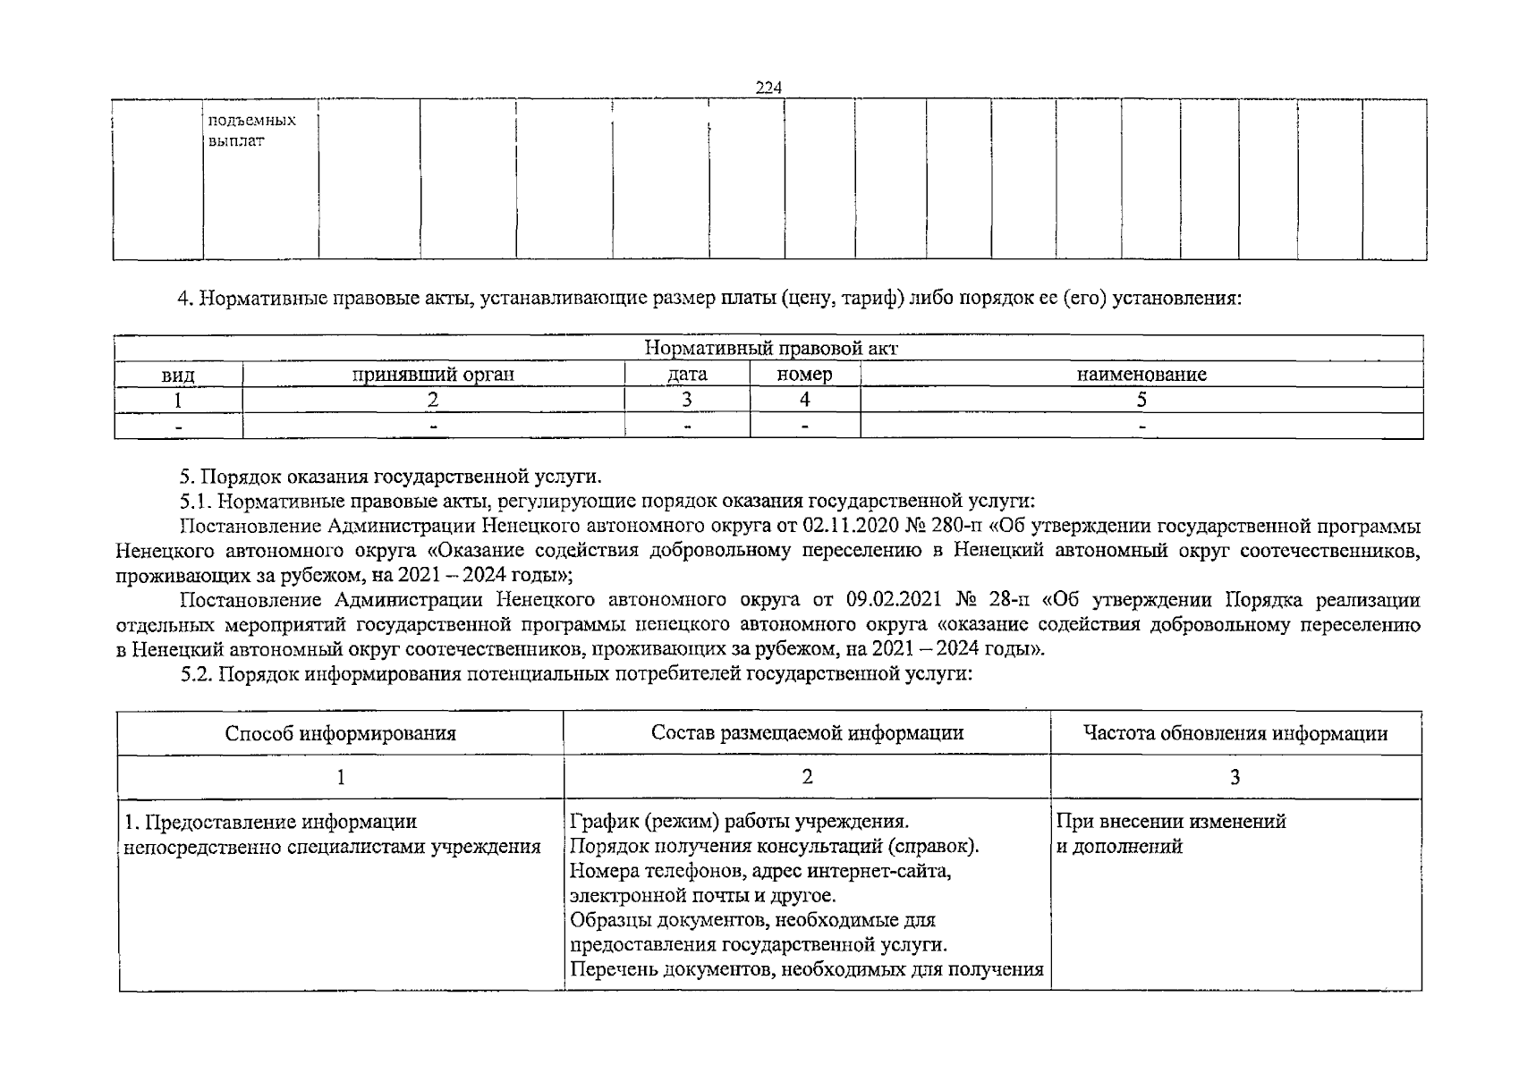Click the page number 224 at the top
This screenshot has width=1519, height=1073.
click(x=768, y=88)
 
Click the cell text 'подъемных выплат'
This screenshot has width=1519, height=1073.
click(x=250, y=131)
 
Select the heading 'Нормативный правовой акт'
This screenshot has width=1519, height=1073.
click(x=769, y=349)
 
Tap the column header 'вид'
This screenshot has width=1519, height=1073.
click(x=178, y=375)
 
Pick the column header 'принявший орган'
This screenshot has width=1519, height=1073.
click(x=433, y=375)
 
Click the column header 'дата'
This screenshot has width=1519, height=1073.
click(x=687, y=375)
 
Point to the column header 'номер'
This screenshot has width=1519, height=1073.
click(x=804, y=375)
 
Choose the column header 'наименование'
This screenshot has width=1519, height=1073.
click(x=1141, y=375)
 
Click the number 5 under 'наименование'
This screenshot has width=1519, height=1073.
click(x=1141, y=400)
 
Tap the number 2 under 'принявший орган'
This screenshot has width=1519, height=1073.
click(x=433, y=400)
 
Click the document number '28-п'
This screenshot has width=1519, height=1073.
click(x=1009, y=599)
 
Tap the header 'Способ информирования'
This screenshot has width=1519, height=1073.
click(x=340, y=734)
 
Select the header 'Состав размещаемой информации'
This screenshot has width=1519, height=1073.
click(x=807, y=733)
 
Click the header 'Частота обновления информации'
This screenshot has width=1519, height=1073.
click(x=1235, y=734)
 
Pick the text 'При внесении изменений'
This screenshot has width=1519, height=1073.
click(x=1171, y=821)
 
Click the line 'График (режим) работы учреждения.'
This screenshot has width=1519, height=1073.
click(x=739, y=821)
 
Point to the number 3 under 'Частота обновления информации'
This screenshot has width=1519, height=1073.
click(x=1235, y=777)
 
